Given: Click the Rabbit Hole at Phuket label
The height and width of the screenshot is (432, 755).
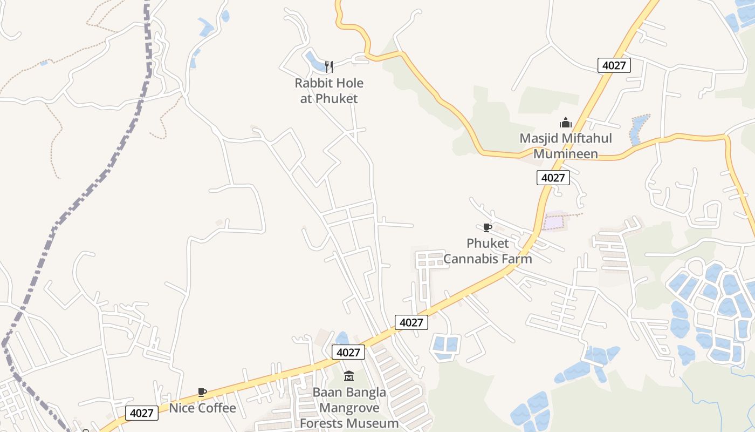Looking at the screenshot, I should coord(329,91).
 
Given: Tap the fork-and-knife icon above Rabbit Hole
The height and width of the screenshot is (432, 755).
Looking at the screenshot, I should coord(329,66).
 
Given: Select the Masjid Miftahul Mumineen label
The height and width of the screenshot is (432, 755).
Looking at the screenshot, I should coord(566,146).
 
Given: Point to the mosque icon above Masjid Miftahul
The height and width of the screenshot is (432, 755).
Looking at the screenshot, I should coord(565,123).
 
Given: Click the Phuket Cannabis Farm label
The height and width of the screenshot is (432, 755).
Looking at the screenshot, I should coord(488,251).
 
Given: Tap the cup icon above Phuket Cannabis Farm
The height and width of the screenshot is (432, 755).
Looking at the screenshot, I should coord(488,227).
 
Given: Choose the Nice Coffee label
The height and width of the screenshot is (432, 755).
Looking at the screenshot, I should coord(203,408).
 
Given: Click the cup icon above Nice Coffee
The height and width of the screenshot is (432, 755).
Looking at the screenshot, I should coord(202,392).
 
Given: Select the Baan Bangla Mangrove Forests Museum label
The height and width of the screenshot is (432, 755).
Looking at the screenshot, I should coord(349,408).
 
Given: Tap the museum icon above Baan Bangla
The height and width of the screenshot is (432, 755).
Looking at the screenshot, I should coord(349,376).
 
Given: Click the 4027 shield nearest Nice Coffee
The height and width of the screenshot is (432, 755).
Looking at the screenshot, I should coord(142,413).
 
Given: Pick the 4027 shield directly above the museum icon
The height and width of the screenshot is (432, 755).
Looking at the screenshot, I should coord(348,353).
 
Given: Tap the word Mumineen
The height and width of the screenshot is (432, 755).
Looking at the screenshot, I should coord(566,154).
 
